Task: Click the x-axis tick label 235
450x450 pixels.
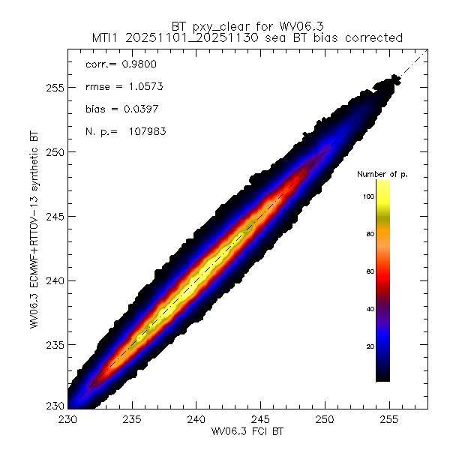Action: (x=132, y=418)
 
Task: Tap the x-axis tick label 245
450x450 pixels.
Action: (x=260, y=418)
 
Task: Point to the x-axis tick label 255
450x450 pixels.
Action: (x=388, y=418)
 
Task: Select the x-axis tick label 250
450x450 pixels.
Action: (x=325, y=418)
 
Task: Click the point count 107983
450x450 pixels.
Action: (x=145, y=132)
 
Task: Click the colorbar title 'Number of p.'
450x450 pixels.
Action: (x=382, y=174)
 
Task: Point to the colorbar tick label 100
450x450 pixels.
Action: (x=367, y=196)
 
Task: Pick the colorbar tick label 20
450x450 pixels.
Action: (x=369, y=346)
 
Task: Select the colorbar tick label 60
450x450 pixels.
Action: (x=369, y=271)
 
